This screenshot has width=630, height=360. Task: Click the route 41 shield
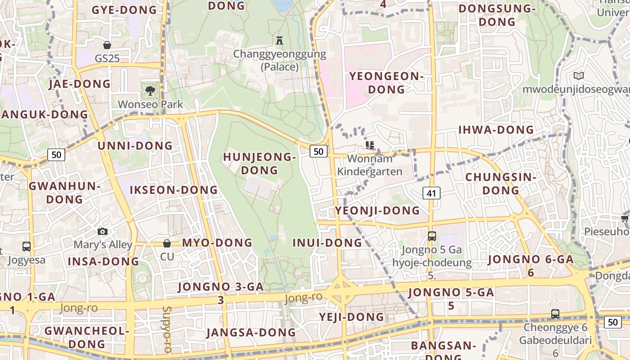click(432, 193)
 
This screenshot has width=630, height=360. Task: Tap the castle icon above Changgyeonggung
click(279, 40)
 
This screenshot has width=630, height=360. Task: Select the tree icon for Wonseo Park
click(150, 90)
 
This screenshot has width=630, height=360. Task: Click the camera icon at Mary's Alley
click(103, 231)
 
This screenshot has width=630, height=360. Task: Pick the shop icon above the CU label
click(167, 243)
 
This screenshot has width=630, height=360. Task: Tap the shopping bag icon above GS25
click(107, 45)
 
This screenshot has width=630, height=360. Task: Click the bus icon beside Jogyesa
click(27, 246)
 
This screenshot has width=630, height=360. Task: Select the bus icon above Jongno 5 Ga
click(432, 236)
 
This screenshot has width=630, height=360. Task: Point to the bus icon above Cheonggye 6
click(555, 314)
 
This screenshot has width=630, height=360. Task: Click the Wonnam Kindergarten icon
click(370, 145)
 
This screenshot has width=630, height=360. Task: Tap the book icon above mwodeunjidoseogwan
click(579, 76)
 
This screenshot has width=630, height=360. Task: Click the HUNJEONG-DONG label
click(260, 163)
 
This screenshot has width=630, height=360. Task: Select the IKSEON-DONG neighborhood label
click(174, 190)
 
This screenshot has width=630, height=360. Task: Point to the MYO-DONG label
click(217, 243)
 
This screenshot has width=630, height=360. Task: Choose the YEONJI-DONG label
click(377, 211)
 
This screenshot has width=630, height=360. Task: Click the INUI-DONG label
click(327, 243)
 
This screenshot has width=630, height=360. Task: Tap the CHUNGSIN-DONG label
click(501, 184)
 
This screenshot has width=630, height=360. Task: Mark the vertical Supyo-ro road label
click(167, 329)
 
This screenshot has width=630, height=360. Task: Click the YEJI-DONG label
click(352, 317)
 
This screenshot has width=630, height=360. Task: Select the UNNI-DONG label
click(135, 146)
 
